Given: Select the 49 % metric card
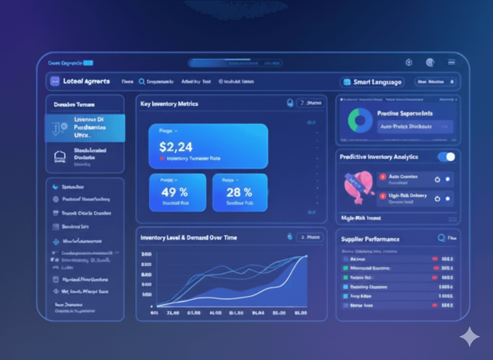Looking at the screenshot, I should click(x=177, y=192).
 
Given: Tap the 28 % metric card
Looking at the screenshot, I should click(x=240, y=192).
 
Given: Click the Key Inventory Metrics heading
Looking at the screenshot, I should click(x=169, y=104).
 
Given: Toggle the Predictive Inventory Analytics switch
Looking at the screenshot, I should click(x=446, y=157).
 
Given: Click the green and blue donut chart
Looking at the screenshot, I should click(x=360, y=120).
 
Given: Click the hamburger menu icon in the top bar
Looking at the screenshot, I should click(x=451, y=62).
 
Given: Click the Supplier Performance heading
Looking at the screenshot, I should click(x=370, y=239).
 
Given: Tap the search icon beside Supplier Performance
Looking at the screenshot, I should click(x=441, y=238).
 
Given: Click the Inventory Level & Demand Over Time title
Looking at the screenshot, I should click(x=189, y=237).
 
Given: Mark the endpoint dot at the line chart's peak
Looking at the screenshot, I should click(x=306, y=256).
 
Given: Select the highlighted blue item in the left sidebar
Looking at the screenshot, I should click(x=85, y=128).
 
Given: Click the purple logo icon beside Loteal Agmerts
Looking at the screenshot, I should click(x=55, y=81).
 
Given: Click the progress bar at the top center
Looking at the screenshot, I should click(x=235, y=63).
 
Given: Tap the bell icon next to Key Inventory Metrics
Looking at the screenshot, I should click(x=290, y=103).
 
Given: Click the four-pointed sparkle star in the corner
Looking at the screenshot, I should click(x=469, y=337).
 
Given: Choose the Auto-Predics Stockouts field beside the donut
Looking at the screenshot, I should click(x=415, y=126).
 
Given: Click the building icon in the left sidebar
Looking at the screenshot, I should click(x=60, y=157).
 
